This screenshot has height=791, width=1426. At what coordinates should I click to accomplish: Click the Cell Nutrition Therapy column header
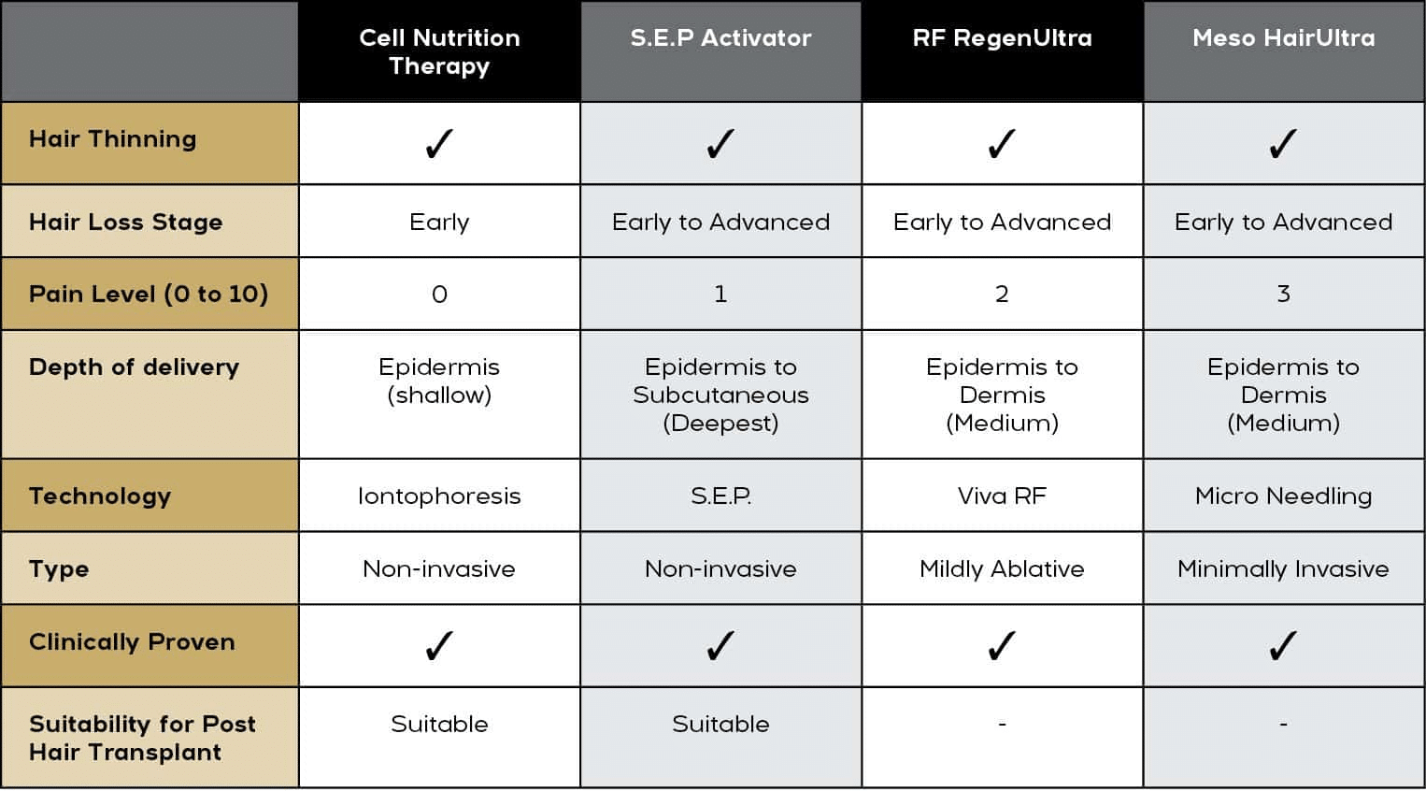[x=439, y=51]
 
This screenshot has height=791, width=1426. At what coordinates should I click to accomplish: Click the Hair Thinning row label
[x=113, y=139]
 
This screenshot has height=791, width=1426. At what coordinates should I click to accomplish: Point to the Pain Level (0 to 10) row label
[x=149, y=295]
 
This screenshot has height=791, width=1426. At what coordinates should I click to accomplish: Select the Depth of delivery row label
[x=134, y=367]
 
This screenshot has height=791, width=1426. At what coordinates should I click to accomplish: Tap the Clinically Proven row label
[x=132, y=642]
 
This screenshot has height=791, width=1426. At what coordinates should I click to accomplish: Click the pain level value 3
[x=1283, y=295]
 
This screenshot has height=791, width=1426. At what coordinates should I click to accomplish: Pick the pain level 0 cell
[x=439, y=295]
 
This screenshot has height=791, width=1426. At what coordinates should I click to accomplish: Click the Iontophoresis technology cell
[x=439, y=496]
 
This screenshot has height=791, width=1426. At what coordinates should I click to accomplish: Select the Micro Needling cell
[x=1283, y=496]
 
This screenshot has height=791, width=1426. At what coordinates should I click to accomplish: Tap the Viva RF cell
[x=1002, y=496]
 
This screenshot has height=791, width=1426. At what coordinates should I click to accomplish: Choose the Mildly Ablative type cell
[x=1002, y=568]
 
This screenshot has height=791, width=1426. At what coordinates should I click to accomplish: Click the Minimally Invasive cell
[x=1283, y=568]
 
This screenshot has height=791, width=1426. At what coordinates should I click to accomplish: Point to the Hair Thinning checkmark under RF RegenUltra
[x=1002, y=144]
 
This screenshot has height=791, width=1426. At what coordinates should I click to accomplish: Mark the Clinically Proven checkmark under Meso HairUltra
[x=1283, y=646]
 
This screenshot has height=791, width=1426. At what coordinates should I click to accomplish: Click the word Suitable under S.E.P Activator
[x=720, y=724]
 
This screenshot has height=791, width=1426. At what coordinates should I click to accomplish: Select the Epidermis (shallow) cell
[x=439, y=381]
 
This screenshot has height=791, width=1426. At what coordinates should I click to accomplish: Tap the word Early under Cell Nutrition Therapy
[x=439, y=223]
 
